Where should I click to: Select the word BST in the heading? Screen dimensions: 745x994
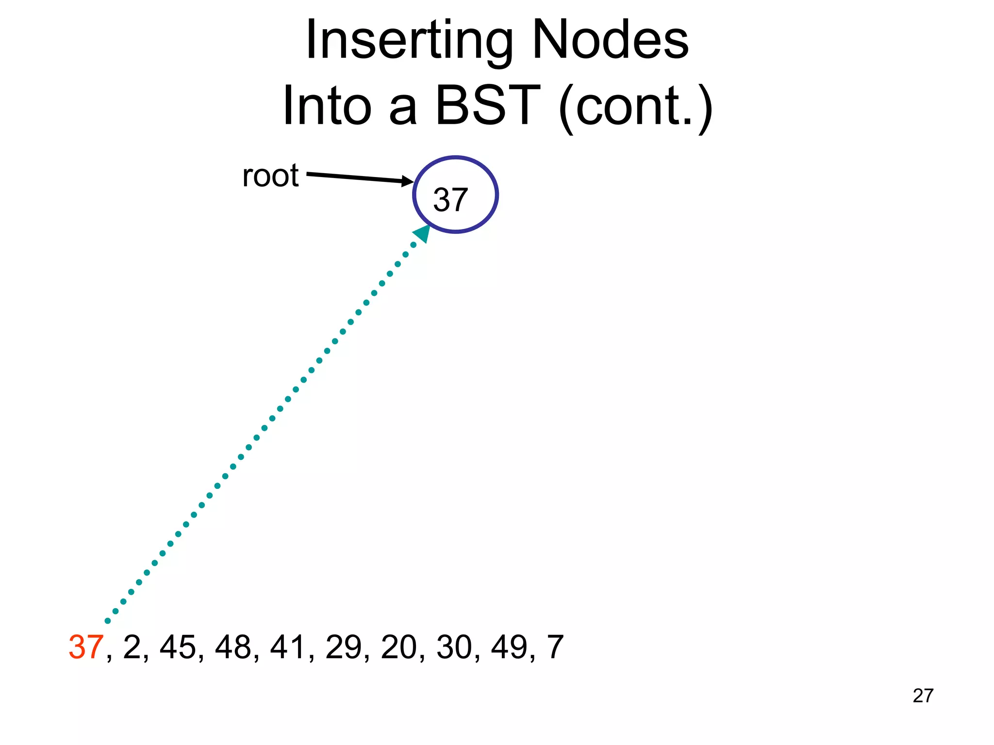pyautogui.click(x=487, y=105)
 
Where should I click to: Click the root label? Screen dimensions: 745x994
pyautogui.click(x=270, y=176)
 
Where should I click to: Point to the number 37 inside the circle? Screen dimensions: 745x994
pyautogui.click(x=450, y=199)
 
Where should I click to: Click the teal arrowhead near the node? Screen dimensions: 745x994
pyautogui.click(x=422, y=233)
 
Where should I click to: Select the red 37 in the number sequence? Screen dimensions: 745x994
pyautogui.click(x=86, y=647)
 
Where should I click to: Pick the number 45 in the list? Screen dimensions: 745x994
pyautogui.click(x=178, y=647)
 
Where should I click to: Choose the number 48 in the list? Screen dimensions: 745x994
pyautogui.click(x=233, y=647)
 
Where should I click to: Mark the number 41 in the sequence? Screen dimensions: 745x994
pyautogui.click(x=288, y=647)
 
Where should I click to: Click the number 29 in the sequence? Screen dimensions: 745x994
pyautogui.click(x=344, y=647)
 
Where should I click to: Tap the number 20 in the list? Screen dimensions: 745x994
pyautogui.click(x=399, y=647)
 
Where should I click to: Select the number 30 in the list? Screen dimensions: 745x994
pyautogui.click(x=454, y=647)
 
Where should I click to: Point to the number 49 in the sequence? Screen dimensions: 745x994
pyautogui.click(x=509, y=647)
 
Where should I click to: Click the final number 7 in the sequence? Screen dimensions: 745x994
pyautogui.click(x=555, y=647)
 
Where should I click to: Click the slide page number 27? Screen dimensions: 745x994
pyautogui.click(x=923, y=696)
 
